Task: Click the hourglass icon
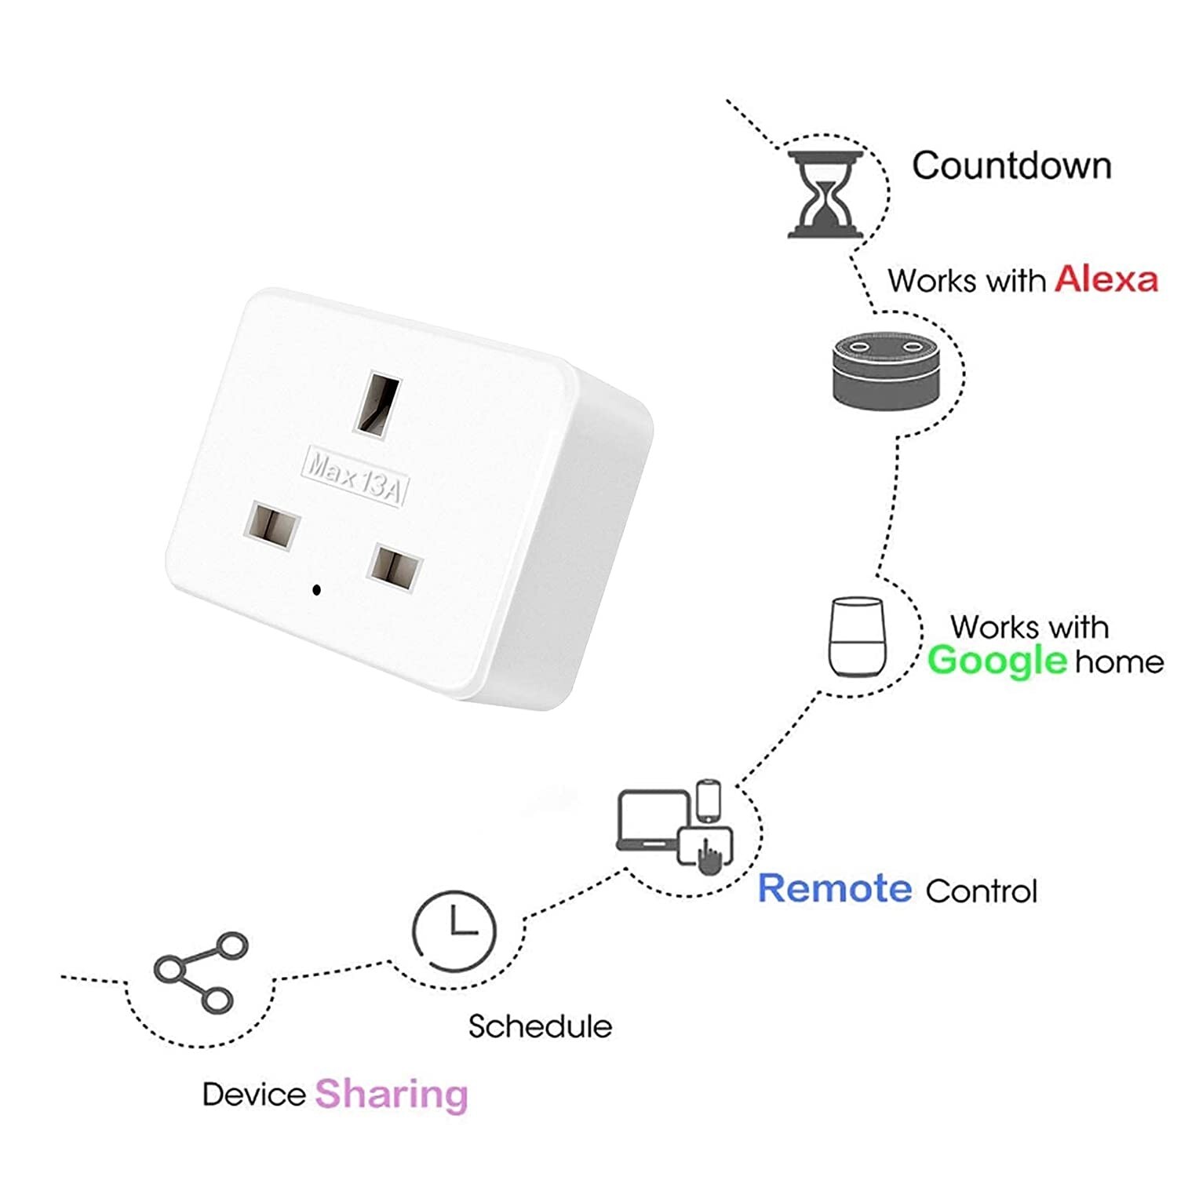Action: point(826,195)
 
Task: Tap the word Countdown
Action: point(1011,166)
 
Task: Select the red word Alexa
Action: point(1106,279)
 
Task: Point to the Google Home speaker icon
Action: point(857,637)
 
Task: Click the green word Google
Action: point(997,661)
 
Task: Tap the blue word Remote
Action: point(835,888)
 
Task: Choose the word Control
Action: point(981,891)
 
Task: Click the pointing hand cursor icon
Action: point(710,856)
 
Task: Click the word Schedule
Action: point(540,1026)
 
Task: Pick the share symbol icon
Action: point(200,972)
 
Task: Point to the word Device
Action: point(253,1094)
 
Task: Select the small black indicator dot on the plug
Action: point(316,589)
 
